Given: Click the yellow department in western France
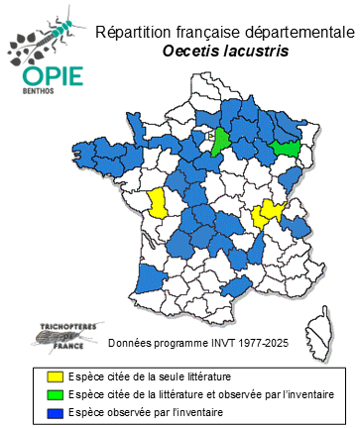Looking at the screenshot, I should coord(158,204).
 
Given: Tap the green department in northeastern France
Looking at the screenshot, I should coord(288,148).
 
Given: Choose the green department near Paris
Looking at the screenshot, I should coord(221,141).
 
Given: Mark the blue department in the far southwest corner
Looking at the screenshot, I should coord(144,278).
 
